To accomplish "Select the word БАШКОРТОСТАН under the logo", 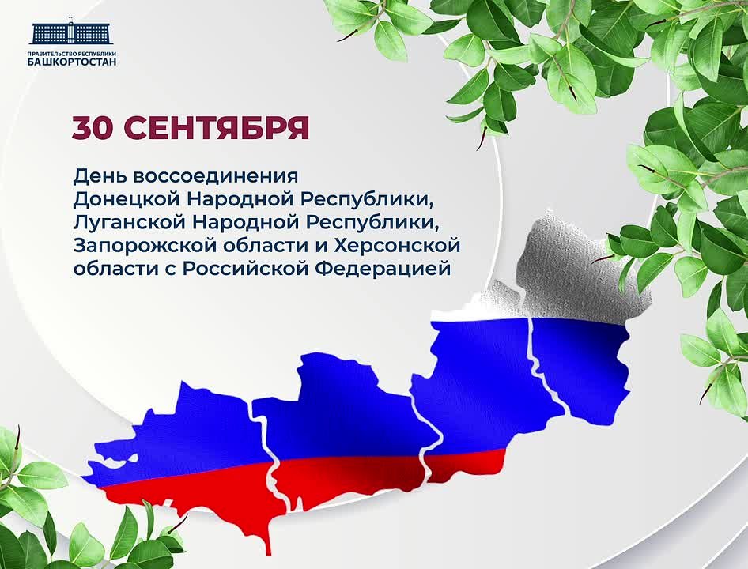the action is coord(72,62).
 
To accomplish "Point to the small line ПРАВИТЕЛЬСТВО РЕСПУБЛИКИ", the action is coord(72,54).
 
